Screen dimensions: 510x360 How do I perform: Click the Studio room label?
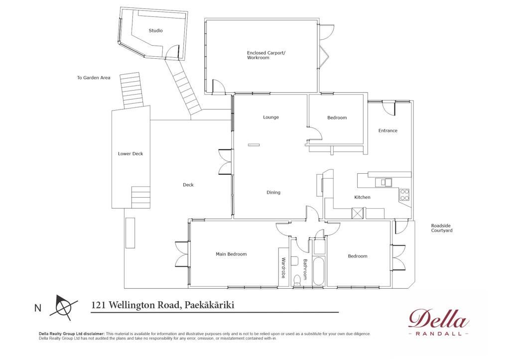(x=156, y=30)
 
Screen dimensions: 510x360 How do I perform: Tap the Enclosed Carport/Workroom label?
(x=266, y=55)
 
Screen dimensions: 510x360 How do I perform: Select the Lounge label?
(x=271, y=117)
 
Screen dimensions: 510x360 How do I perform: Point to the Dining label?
(x=273, y=192)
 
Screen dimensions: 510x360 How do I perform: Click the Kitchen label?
(x=363, y=197)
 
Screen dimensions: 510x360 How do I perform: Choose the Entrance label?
(x=387, y=130)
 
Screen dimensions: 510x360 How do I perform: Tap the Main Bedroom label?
(x=231, y=254)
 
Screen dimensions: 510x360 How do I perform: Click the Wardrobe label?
(x=283, y=268)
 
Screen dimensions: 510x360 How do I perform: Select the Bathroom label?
(x=305, y=269)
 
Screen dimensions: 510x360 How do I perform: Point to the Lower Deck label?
(x=130, y=153)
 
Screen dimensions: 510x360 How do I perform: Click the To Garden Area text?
(x=94, y=78)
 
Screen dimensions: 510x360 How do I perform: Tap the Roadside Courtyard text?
(x=442, y=228)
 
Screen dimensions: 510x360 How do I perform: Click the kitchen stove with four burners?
(x=404, y=195)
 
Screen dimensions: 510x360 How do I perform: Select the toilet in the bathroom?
(x=297, y=281)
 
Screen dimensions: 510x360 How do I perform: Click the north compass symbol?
(x=63, y=306)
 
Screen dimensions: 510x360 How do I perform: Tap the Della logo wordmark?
(x=438, y=318)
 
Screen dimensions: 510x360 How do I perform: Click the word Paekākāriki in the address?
(x=209, y=305)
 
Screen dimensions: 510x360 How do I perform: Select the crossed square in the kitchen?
(x=358, y=213)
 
